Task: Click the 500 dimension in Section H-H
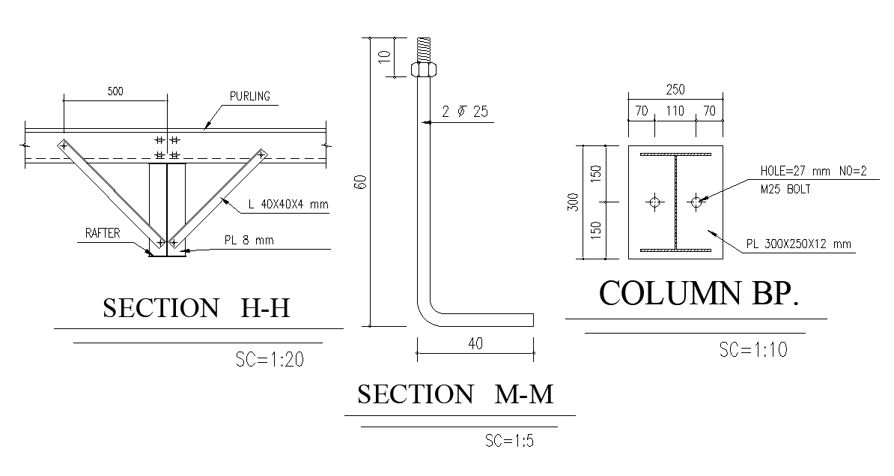(x=115, y=92)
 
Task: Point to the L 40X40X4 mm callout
(x=288, y=204)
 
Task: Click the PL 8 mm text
(x=250, y=241)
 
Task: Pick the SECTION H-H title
(x=196, y=308)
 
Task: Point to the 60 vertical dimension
(x=361, y=182)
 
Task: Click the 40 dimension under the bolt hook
(x=475, y=343)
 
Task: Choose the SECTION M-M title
(x=455, y=394)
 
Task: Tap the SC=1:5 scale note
(x=509, y=439)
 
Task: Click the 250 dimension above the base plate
(x=675, y=89)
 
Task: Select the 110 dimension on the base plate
(x=675, y=112)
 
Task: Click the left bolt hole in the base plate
(x=654, y=202)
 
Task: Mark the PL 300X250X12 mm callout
(x=799, y=244)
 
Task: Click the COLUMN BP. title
(x=699, y=294)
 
